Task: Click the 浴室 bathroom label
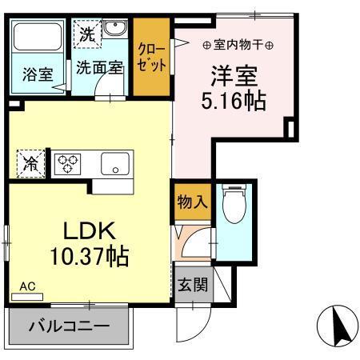click(x=37, y=75)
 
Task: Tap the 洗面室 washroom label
click(x=100, y=68)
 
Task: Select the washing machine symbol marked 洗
click(x=86, y=34)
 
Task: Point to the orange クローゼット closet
click(x=151, y=56)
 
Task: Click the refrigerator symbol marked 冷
click(x=30, y=164)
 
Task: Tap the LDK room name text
click(x=90, y=232)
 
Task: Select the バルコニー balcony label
click(x=69, y=326)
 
